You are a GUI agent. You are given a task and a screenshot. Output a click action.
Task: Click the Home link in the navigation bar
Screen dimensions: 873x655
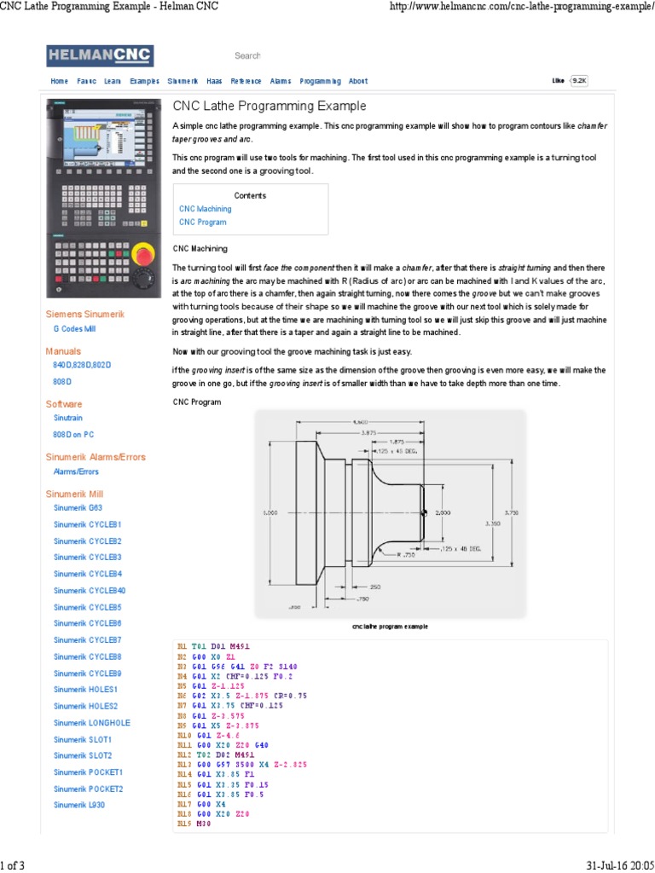pos(59,81)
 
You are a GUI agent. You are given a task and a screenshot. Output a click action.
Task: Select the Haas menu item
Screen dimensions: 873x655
pos(214,81)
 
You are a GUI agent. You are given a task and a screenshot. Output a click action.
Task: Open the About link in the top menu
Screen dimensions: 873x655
pos(358,81)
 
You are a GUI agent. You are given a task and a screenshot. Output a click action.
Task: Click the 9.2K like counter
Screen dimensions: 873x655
pos(579,80)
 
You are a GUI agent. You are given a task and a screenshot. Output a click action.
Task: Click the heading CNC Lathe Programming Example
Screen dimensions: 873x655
pos(270,107)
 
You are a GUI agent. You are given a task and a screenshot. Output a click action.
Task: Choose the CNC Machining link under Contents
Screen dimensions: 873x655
pos(205,208)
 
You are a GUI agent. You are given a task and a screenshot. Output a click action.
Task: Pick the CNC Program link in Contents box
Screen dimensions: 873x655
pos(202,222)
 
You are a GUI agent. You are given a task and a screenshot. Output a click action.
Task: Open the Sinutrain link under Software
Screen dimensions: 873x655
pos(68,418)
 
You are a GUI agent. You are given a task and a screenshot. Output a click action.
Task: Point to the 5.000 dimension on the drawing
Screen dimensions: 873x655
pos(270,512)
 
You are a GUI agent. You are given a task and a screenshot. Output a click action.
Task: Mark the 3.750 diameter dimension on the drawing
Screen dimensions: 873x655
pos(512,512)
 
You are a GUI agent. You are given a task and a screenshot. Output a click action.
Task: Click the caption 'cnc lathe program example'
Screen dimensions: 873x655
pos(390,626)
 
